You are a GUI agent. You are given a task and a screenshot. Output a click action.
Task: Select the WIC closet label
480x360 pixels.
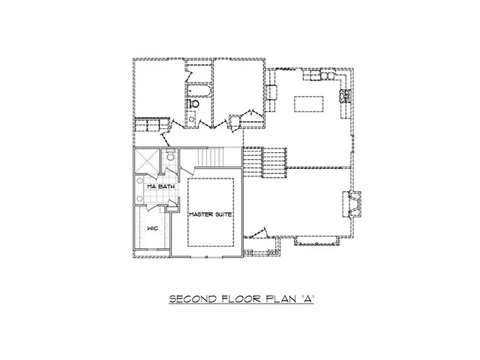tap(151, 226)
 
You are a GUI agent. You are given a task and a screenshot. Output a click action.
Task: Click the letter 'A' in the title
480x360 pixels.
tap(307, 298)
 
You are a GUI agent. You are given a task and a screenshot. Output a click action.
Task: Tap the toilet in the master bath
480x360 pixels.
tap(170, 157)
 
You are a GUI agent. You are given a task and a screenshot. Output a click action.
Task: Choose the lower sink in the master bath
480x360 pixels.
tap(139, 197)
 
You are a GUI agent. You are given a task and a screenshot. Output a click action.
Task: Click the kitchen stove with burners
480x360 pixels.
tap(346, 95)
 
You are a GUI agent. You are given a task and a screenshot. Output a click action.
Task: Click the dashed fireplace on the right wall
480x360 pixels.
tap(352, 203)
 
